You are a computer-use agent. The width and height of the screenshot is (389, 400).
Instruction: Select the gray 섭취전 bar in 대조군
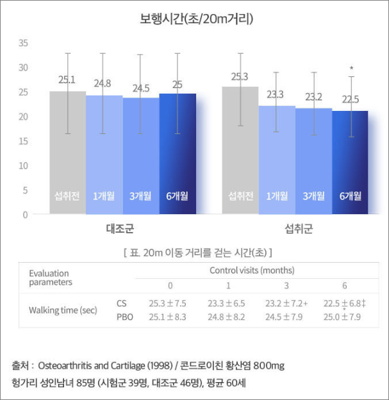[x=67, y=154]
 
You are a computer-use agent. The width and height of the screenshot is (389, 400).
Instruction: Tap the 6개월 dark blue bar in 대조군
[x=178, y=154]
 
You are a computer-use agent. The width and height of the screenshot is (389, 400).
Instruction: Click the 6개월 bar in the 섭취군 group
[x=350, y=163]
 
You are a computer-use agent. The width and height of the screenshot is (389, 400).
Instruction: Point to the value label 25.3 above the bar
[x=239, y=77]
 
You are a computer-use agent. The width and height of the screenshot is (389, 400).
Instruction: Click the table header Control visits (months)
[x=252, y=271]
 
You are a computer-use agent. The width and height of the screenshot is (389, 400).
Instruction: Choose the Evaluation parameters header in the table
[x=51, y=278]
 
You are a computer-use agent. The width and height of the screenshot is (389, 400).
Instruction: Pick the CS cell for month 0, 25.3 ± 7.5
[x=167, y=303]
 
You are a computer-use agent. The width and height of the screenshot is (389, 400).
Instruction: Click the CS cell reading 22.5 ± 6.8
[x=345, y=303]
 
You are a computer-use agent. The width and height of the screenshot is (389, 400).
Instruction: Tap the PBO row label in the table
[x=124, y=317]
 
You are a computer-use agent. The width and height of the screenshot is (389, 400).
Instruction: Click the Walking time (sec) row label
[x=63, y=310]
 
